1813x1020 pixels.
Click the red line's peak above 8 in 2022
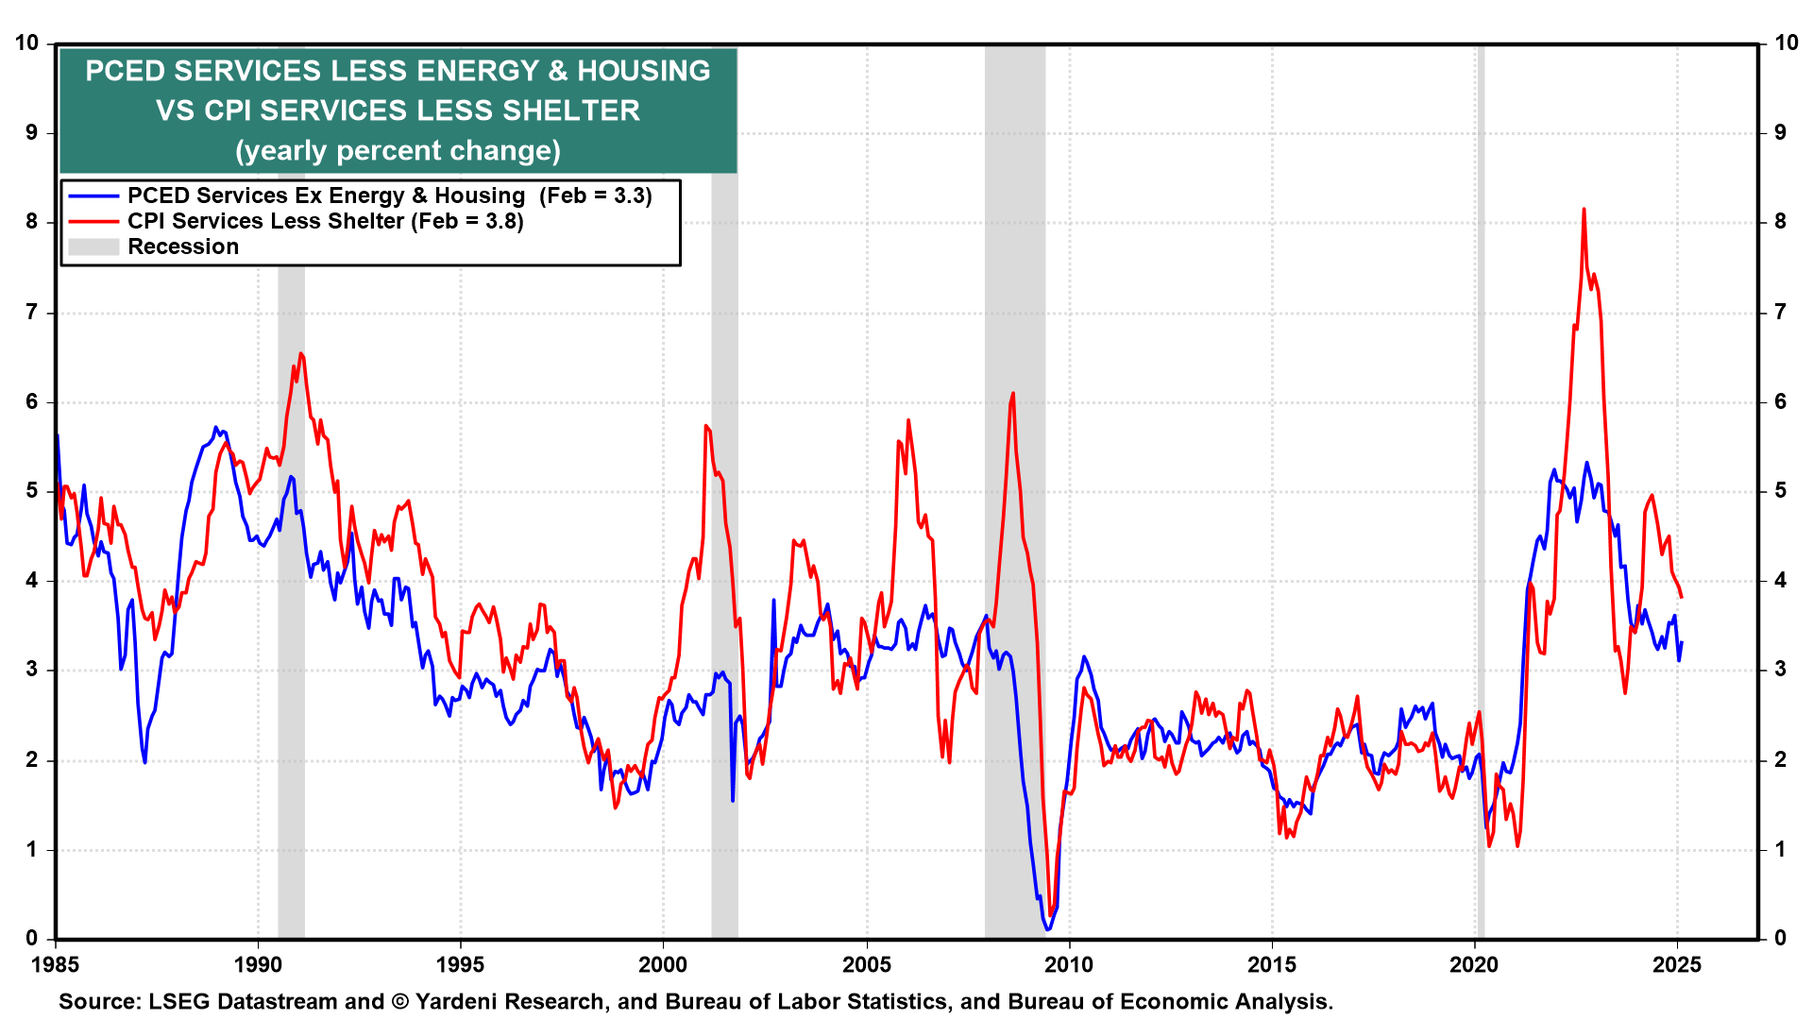pyautogui.click(x=1584, y=210)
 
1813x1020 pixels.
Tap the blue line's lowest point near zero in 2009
pyautogui.click(x=1047, y=929)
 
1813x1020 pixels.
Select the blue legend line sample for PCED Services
pyautogui.click(x=93, y=196)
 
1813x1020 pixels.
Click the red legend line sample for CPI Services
pyautogui.click(x=93, y=222)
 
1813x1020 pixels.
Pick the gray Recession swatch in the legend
pyautogui.click(x=93, y=247)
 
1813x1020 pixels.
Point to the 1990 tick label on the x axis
pyautogui.click(x=258, y=965)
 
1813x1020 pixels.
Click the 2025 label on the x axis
pyautogui.click(x=1677, y=965)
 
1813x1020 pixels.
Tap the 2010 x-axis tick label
pyautogui.click(x=1069, y=965)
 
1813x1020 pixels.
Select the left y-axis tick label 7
pyautogui.click(x=32, y=313)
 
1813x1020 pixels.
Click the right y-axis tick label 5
pyautogui.click(x=1780, y=491)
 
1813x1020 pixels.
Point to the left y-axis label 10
pyautogui.click(x=26, y=43)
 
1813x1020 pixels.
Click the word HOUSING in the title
pyautogui.click(x=644, y=72)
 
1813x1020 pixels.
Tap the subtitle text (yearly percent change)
pyautogui.click(x=398, y=151)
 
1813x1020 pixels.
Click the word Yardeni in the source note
pyautogui.click(x=456, y=1002)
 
